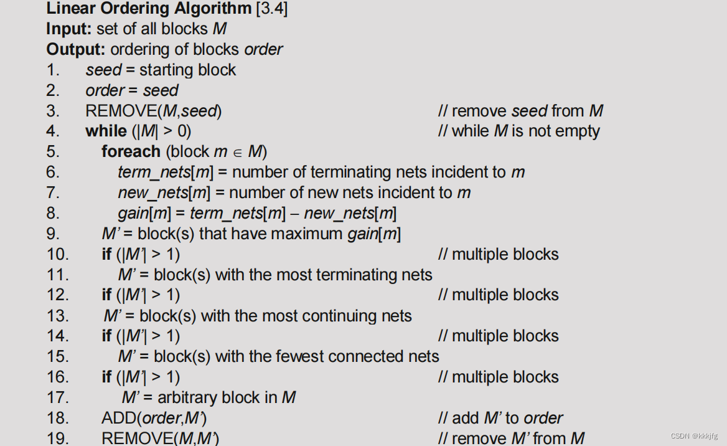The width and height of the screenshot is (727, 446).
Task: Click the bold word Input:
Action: [69, 29]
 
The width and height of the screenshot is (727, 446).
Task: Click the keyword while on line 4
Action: [106, 131]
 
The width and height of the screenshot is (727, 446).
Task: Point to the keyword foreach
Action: [131, 151]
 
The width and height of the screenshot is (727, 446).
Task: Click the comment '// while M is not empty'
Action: [519, 131]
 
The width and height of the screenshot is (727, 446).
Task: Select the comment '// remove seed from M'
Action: [520, 111]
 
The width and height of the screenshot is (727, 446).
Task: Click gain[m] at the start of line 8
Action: [144, 213]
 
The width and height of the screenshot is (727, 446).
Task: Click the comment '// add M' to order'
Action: [500, 418]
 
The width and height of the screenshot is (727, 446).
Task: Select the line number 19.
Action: [57, 438]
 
